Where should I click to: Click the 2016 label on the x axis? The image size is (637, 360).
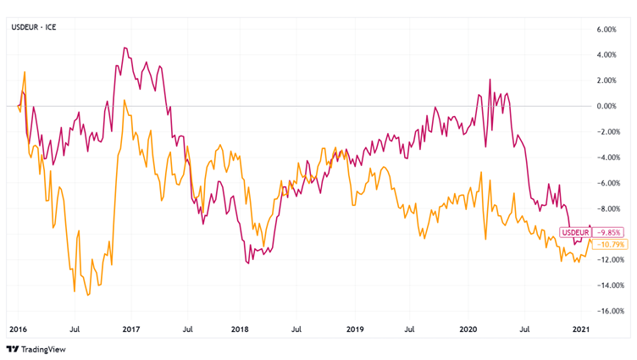[x=18, y=327]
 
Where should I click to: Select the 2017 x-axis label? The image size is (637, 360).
[x=131, y=327]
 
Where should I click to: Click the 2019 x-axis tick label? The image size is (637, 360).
[x=355, y=327]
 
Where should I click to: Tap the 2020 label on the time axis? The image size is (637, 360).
[x=468, y=327]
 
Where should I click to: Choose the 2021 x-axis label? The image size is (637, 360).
[x=581, y=327]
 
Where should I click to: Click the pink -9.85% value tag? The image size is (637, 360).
[x=610, y=232]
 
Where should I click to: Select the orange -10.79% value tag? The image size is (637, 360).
[x=611, y=244]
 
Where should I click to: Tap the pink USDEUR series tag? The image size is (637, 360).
[x=576, y=232]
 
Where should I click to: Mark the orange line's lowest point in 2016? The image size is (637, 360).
[x=88, y=295]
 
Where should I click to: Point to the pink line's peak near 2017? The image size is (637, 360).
[x=125, y=48]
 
